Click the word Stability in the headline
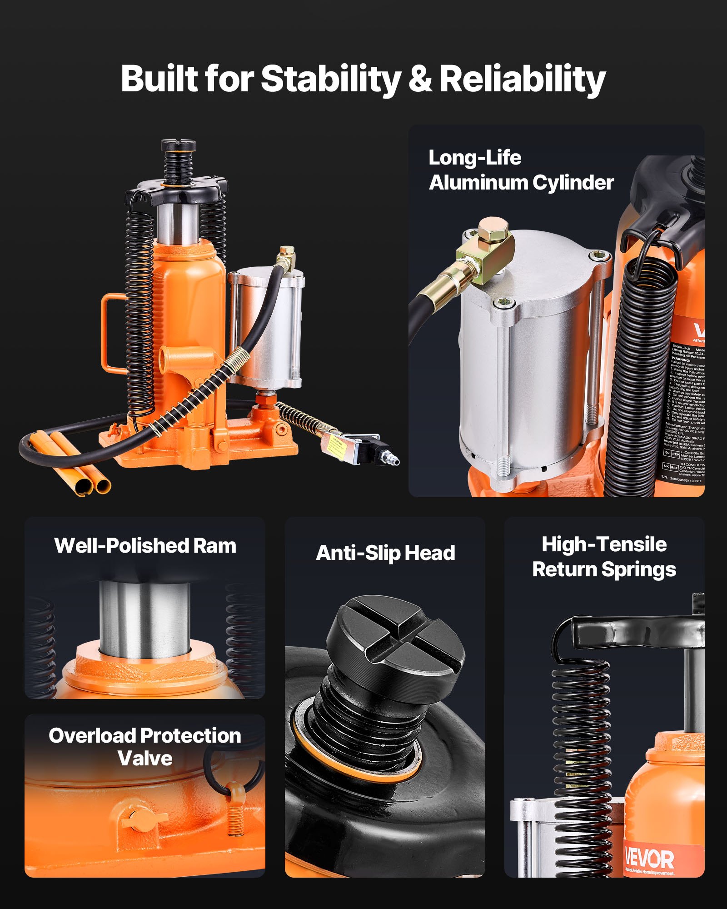[330, 78]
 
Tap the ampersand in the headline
[420, 78]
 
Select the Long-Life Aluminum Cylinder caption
[521, 170]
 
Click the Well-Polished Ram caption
[145, 545]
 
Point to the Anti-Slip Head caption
[385, 553]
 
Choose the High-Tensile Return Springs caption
[604, 557]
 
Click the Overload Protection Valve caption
[145, 747]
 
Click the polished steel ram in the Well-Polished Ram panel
[144, 620]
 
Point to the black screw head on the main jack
[178, 146]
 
